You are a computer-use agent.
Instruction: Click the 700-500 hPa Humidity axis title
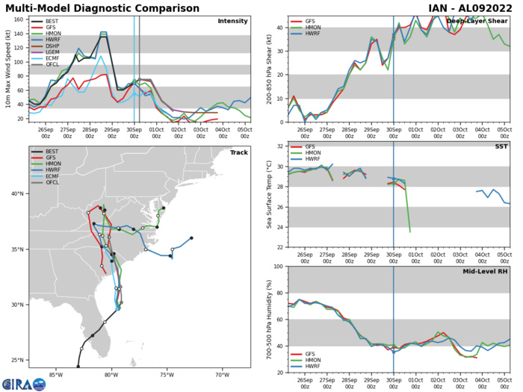point(267,319)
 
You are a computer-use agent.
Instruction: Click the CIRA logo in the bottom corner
point(23,385)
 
